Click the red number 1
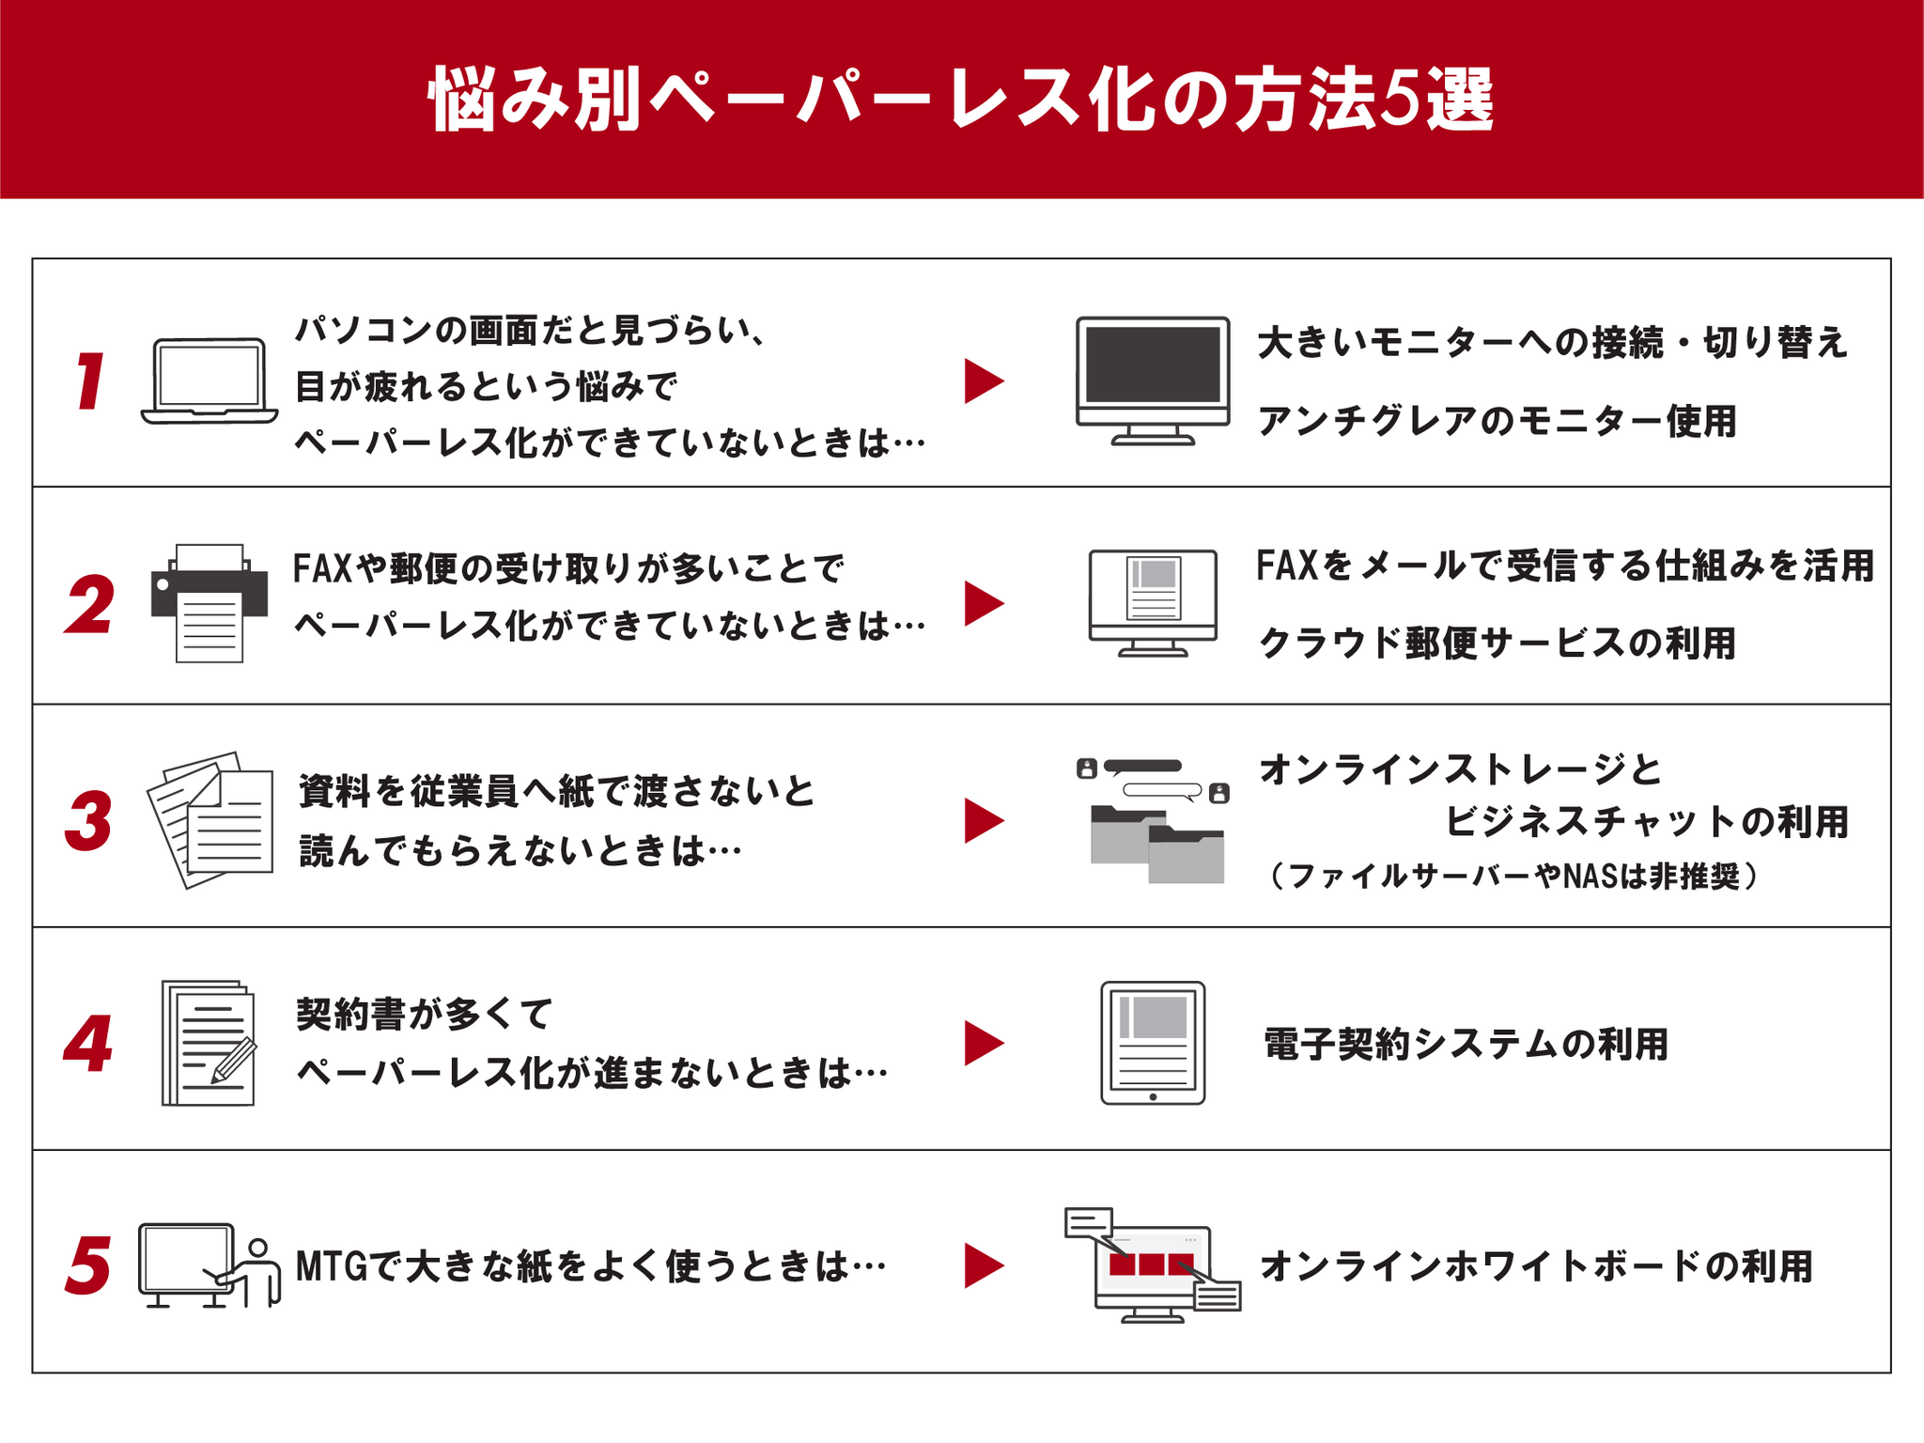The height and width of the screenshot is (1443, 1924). (x=90, y=381)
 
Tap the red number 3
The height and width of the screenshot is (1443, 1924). (x=89, y=821)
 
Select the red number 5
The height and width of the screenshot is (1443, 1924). (x=89, y=1265)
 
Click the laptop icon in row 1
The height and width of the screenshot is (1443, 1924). (x=209, y=381)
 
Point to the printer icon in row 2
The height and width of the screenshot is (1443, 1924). (x=209, y=602)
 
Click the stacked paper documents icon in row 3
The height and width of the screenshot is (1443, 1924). (x=211, y=820)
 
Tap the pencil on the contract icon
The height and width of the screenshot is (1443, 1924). (x=235, y=1059)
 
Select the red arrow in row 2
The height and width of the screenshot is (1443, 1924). (x=983, y=603)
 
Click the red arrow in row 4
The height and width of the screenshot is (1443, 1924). (x=983, y=1043)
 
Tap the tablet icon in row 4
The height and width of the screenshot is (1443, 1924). (x=1153, y=1043)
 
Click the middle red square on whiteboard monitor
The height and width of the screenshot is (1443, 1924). (x=1151, y=1264)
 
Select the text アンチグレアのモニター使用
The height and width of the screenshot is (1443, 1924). (x=1497, y=421)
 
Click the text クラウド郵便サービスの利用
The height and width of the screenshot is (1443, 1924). (x=1497, y=644)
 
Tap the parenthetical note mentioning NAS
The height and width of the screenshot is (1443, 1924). (x=1513, y=876)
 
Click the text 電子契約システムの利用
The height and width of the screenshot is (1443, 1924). (x=1466, y=1044)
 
